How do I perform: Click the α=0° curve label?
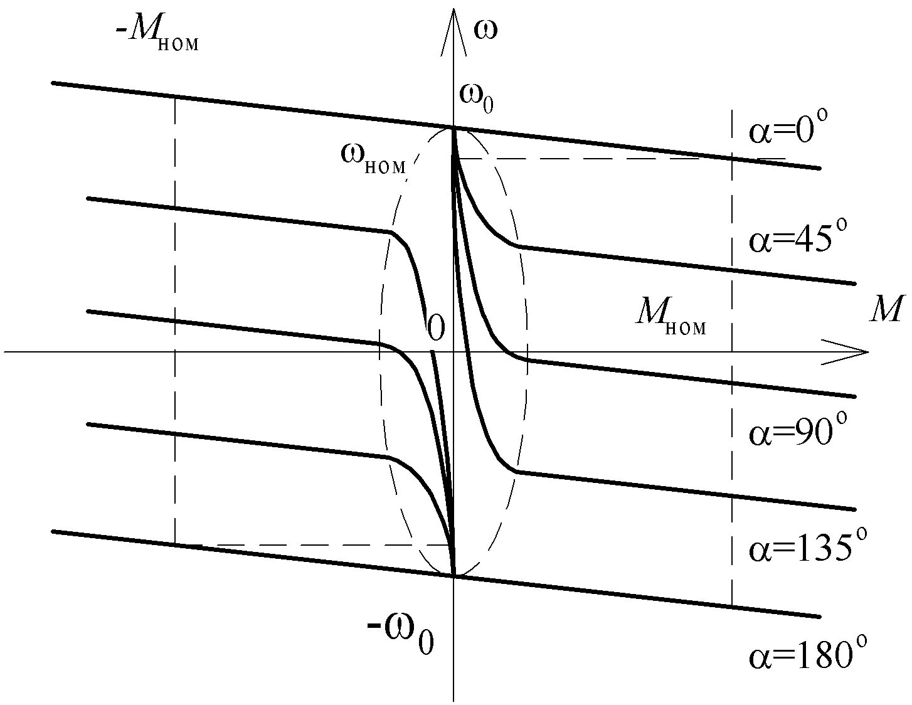pos(788,132)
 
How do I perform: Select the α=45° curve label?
pos(798,240)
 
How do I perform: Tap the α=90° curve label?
pos(798,433)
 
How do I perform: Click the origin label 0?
pos(435,326)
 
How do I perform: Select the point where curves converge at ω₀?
pos(453,129)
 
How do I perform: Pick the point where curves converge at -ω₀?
pos(453,575)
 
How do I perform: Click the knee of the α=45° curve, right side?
pos(518,246)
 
